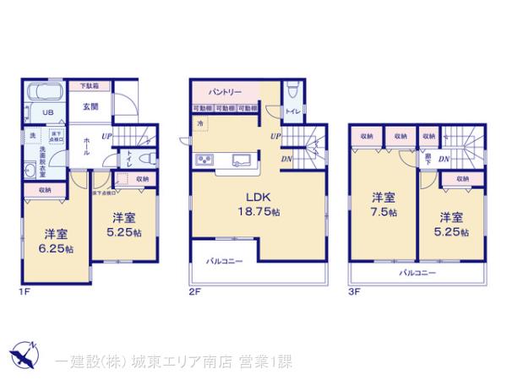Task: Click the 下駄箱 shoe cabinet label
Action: point(90,86)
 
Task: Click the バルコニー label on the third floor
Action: point(417,274)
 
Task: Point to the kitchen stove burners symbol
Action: point(205,160)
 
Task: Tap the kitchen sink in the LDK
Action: point(238,160)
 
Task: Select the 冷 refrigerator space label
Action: point(200,124)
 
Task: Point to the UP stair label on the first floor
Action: point(107,136)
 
